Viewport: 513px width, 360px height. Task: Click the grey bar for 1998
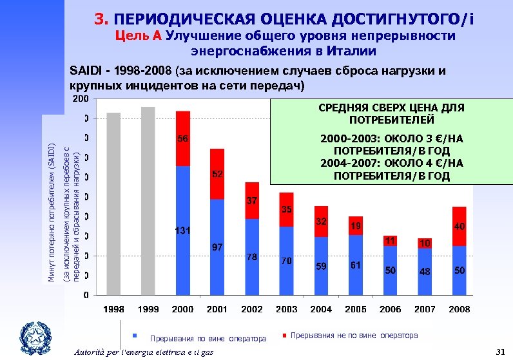[x=113, y=204]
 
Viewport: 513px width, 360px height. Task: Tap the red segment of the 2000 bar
[x=183, y=138]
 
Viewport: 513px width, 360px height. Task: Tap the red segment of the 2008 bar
[x=459, y=226]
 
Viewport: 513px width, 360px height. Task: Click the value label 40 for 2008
[x=459, y=227]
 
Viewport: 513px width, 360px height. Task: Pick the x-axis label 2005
[x=355, y=309]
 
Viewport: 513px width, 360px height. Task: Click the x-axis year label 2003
[x=286, y=309]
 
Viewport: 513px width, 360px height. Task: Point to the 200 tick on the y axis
[x=81, y=99]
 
